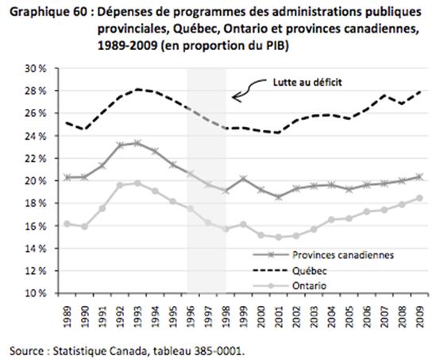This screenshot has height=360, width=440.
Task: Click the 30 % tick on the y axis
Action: click(x=36, y=69)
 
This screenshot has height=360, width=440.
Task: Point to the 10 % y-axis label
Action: click(x=36, y=293)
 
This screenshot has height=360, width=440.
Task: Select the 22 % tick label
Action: click(x=36, y=159)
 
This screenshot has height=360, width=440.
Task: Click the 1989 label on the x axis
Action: click(x=67, y=316)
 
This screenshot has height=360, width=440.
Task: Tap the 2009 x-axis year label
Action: click(x=419, y=316)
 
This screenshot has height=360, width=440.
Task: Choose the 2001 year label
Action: click(x=278, y=316)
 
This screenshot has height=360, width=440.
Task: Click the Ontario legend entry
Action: click(x=290, y=286)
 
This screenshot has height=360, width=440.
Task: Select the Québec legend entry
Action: click(x=290, y=271)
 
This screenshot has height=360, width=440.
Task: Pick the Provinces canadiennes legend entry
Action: click(x=323, y=255)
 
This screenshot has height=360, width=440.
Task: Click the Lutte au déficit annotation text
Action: click(x=307, y=83)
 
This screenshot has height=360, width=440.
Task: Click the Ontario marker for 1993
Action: click(x=137, y=183)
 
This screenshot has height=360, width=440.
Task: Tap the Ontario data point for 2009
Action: click(x=419, y=198)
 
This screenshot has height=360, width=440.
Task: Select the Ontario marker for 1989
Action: click(x=67, y=224)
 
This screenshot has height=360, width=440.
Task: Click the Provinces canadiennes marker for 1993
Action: click(x=137, y=143)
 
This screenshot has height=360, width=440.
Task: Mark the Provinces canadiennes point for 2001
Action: click(x=278, y=197)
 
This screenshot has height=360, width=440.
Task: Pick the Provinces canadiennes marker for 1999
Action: click(x=243, y=178)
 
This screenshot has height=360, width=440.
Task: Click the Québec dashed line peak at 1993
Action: click(x=137, y=89)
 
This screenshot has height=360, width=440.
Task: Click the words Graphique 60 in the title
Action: click(x=49, y=13)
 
